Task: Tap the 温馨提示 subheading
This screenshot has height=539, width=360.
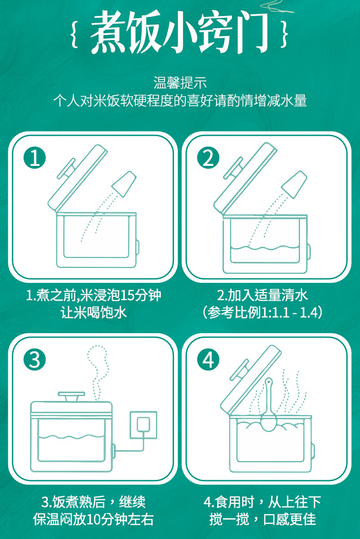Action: click(180, 83)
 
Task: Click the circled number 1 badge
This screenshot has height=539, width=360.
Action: click(35, 158)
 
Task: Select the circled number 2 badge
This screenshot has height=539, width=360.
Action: click(208, 158)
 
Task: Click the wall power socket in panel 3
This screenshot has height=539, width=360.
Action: click(144, 424)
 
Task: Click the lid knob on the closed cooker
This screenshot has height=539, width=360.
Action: click(71, 396)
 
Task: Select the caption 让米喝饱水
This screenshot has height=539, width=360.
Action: click(93, 313)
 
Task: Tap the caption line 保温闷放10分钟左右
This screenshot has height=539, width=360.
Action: click(93, 519)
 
